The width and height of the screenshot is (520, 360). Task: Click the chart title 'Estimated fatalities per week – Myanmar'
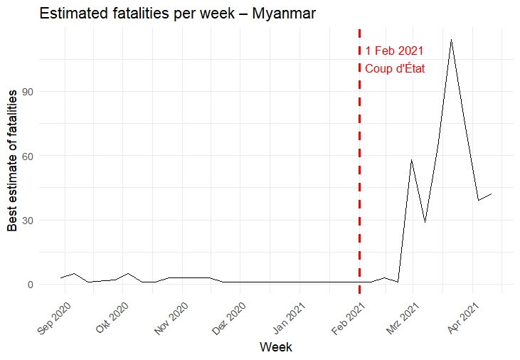[x=178, y=14]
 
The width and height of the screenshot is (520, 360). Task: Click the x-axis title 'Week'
[x=275, y=347]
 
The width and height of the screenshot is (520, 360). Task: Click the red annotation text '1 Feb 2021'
[x=394, y=51]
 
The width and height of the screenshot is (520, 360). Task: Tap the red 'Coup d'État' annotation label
[x=395, y=69]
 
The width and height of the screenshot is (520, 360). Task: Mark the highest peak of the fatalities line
[x=451, y=40]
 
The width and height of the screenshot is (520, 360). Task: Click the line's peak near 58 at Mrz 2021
[x=411, y=160]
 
